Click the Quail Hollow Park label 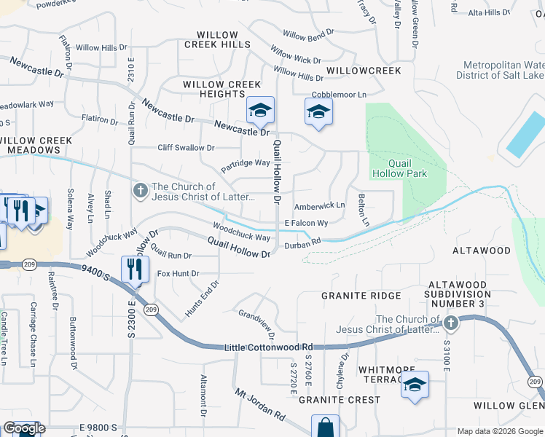[x=399, y=168]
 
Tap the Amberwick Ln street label [x=319, y=206]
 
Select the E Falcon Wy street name [x=306, y=223]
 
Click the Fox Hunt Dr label [x=178, y=274]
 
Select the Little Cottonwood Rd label [x=268, y=348]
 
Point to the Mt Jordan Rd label [x=259, y=404]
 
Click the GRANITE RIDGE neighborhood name [x=361, y=296]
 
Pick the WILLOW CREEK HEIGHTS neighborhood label [x=222, y=90]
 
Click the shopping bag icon [x=325, y=428]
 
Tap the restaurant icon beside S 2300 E [x=134, y=268]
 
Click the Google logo [x=25, y=428]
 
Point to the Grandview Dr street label [x=256, y=324]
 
